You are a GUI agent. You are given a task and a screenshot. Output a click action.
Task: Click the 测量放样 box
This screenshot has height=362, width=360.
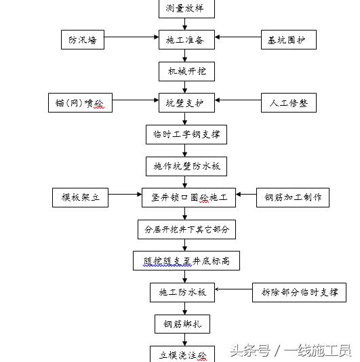(186, 9)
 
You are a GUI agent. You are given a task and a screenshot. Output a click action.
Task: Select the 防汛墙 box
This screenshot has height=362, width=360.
(83, 40)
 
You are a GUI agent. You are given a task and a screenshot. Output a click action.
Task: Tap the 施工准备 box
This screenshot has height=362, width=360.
(186, 40)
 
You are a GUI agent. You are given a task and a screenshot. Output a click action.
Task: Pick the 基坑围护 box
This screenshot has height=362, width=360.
(289, 40)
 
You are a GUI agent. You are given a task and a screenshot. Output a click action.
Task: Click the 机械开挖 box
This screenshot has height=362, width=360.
(186, 72)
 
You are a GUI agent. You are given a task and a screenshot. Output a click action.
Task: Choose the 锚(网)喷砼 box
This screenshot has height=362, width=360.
(81, 103)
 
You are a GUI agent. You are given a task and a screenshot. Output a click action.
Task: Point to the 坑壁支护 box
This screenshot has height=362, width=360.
(186, 103)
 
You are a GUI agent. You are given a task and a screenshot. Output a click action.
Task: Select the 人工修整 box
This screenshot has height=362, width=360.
(289, 103)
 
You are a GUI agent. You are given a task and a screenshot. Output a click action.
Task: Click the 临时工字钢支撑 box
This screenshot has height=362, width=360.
(186, 135)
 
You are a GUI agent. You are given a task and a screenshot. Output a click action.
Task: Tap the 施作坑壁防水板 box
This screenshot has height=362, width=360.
(186, 167)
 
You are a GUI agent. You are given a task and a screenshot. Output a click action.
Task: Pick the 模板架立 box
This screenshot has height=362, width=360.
(81, 198)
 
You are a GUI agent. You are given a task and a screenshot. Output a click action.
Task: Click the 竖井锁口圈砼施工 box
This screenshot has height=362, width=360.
(188, 198)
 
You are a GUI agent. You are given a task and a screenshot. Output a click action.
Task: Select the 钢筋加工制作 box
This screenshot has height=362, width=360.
(293, 198)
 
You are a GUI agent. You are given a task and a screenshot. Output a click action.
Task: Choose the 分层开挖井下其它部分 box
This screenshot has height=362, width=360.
(186, 230)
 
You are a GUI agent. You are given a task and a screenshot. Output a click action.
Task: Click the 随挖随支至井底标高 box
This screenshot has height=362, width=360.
(186, 260)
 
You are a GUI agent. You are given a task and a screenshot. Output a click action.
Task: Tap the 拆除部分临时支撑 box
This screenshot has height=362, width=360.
(299, 292)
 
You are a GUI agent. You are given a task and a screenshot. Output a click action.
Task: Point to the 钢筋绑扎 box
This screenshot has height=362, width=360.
(182, 324)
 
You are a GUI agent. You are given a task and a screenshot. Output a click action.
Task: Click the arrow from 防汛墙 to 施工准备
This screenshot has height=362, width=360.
(132, 37)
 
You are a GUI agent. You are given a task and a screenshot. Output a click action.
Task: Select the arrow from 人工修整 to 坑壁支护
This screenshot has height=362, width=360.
(238, 100)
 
